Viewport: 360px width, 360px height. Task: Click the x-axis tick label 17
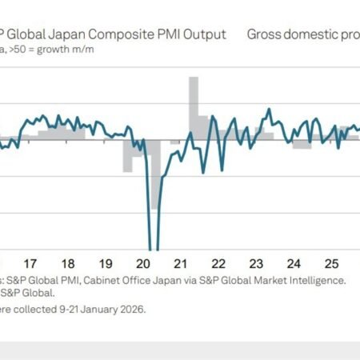(30, 263)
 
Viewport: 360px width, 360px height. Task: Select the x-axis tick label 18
(68, 263)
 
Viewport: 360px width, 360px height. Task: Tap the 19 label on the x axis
(106, 263)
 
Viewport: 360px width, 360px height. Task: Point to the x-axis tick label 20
(144, 263)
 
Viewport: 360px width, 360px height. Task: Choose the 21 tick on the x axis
(182, 263)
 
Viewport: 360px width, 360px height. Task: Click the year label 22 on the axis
(219, 263)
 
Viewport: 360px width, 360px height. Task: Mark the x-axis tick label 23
(257, 263)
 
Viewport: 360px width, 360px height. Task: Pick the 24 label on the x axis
(294, 263)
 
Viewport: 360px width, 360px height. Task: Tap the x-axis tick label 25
(332, 263)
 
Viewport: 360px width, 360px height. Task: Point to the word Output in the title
(205, 34)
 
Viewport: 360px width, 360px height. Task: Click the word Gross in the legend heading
(266, 34)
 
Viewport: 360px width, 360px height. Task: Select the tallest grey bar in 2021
(194, 96)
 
